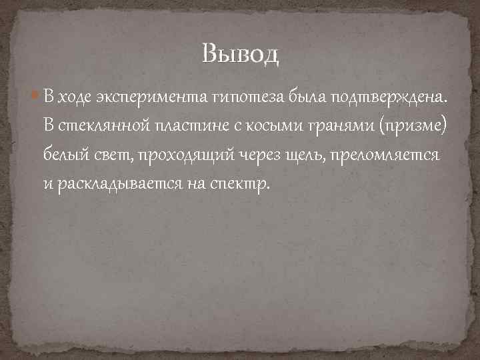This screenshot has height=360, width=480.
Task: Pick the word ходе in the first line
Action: (x=75, y=97)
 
